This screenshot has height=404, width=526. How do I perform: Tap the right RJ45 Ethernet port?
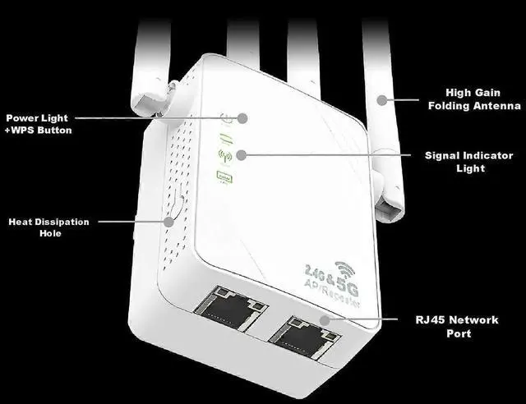click(x=304, y=334)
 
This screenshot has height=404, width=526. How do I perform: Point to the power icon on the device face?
click(x=227, y=117)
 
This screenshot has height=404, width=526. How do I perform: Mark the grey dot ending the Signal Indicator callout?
click(x=240, y=154)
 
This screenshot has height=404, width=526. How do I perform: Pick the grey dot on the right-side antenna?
click(x=381, y=99)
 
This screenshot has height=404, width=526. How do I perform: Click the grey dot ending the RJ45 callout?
click(x=325, y=319)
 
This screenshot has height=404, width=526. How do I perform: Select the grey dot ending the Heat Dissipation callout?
click(x=170, y=220)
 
